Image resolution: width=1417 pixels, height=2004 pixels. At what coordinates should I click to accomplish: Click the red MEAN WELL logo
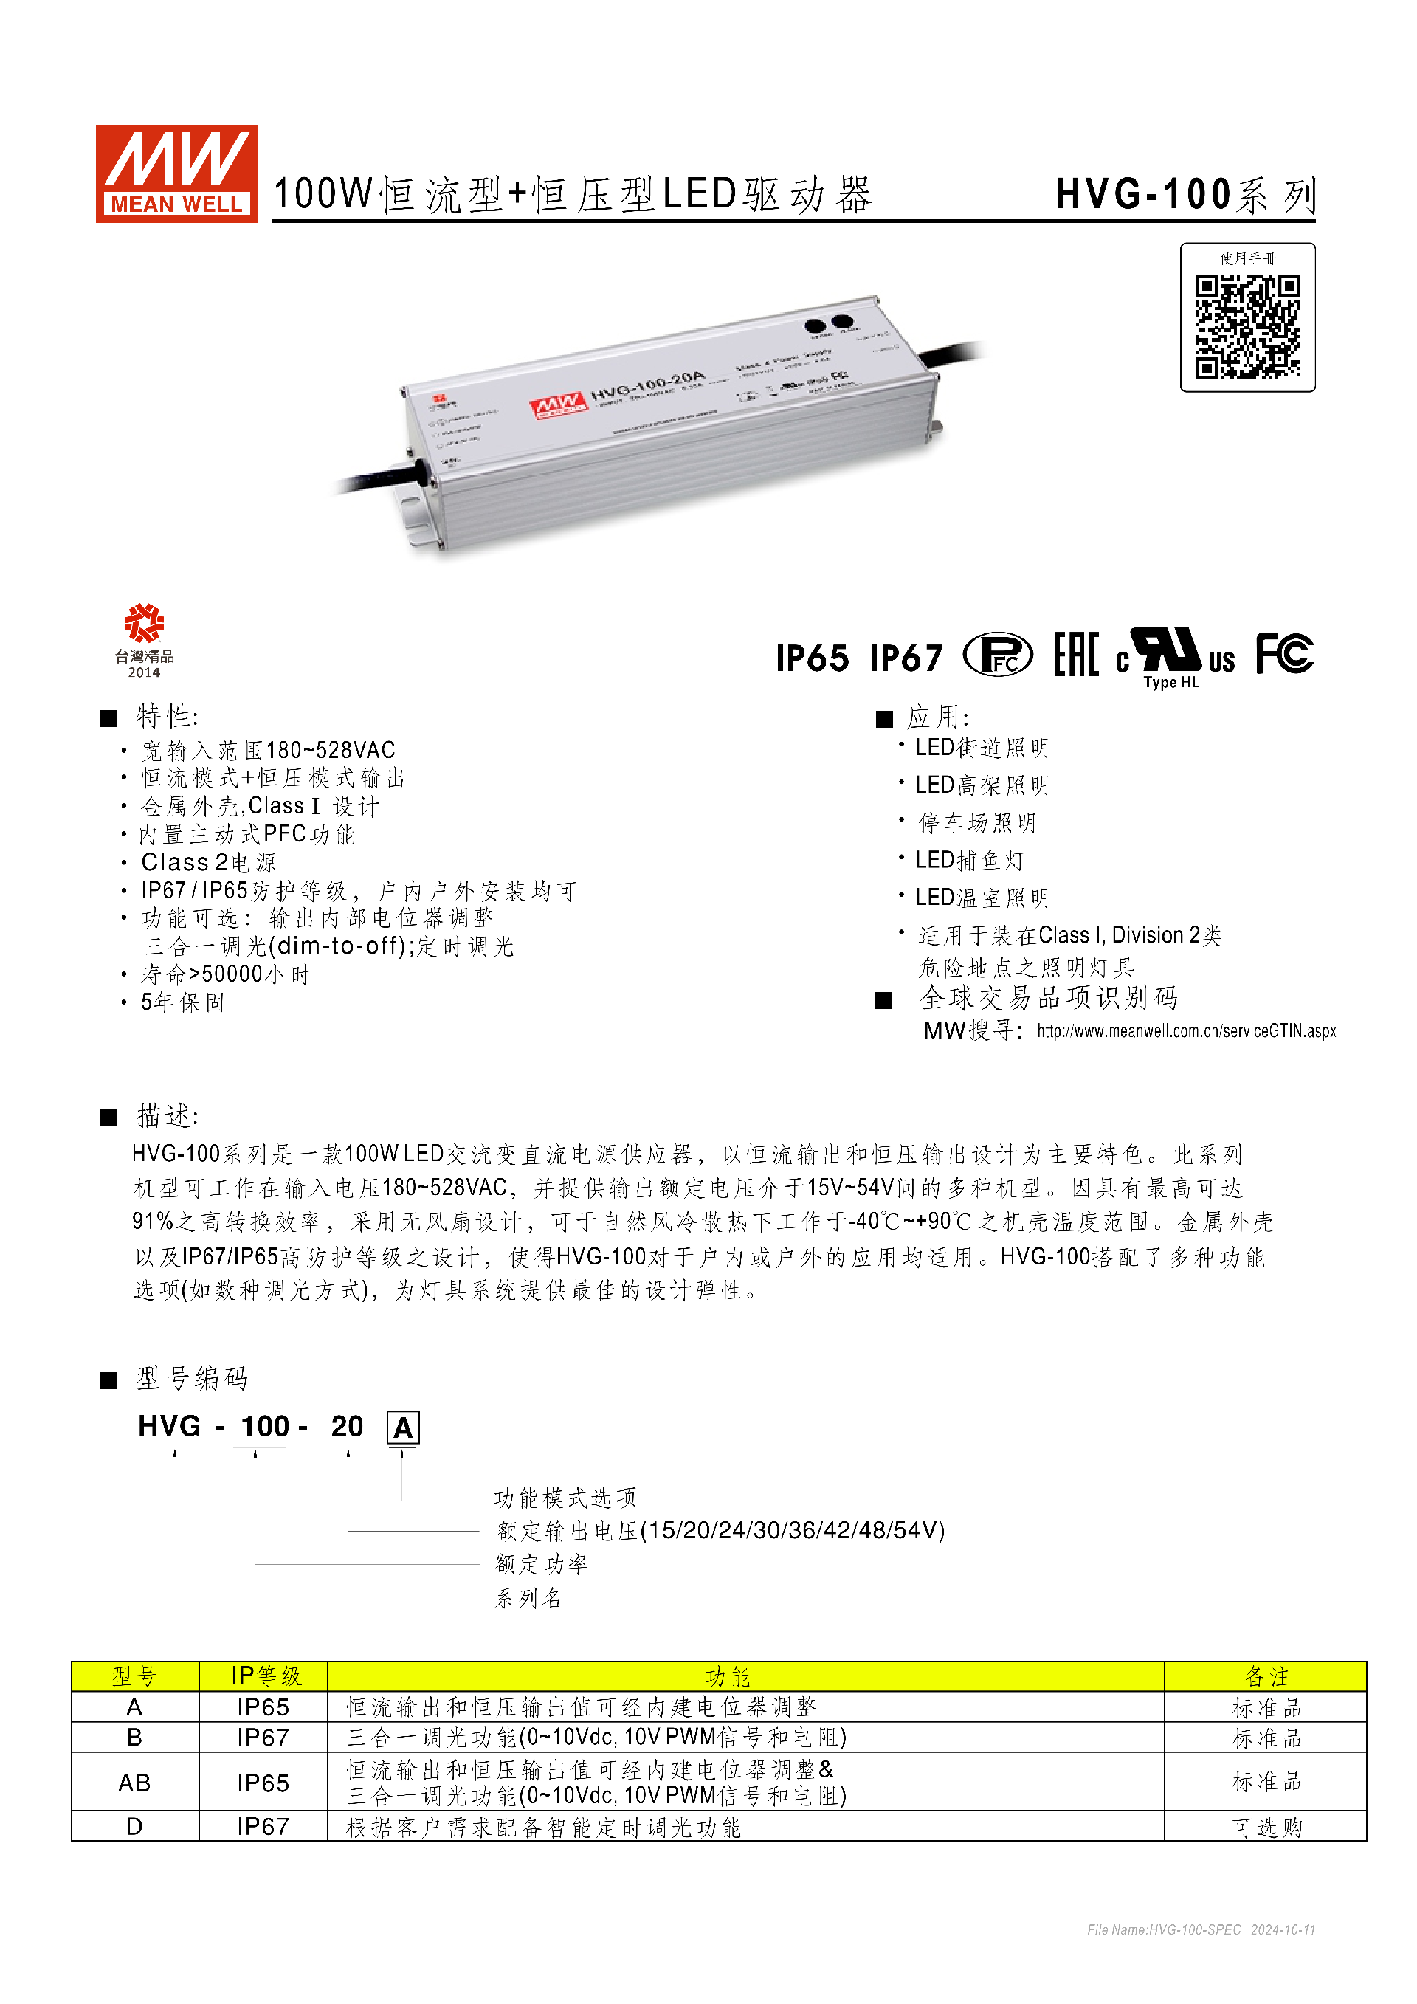pyautogui.click(x=176, y=173)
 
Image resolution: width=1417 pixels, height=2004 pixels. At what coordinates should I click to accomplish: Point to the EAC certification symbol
pyautogui.click(x=1075, y=655)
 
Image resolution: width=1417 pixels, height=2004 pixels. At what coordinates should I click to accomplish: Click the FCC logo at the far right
pyautogui.click(x=1283, y=654)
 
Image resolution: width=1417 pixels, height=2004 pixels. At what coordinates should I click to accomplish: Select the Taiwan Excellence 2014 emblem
pyautogui.click(x=144, y=639)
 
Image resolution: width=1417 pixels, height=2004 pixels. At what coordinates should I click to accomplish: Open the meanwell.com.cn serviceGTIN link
pyautogui.click(x=1186, y=1031)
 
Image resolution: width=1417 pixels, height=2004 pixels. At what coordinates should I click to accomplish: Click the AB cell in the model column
pyautogui.click(x=134, y=1783)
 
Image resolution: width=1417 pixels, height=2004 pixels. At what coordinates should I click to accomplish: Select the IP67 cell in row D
pyautogui.click(x=263, y=1827)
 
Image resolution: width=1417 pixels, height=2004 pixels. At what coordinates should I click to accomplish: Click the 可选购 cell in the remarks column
pyautogui.click(x=1266, y=1827)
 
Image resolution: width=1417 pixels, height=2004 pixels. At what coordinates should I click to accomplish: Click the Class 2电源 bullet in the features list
pyautogui.click(x=209, y=862)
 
